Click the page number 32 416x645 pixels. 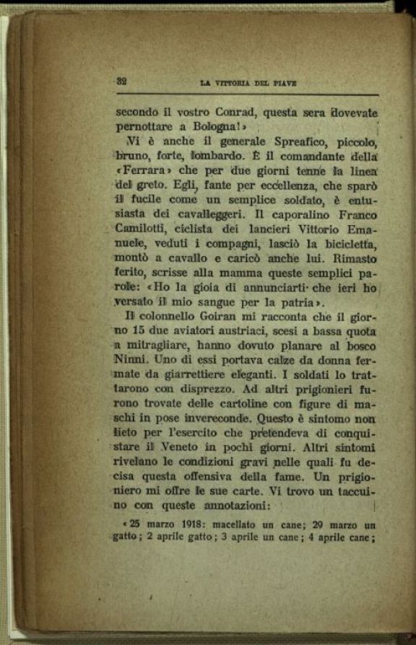(x=121, y=82)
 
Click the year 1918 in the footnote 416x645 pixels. (x=180, y=523)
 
